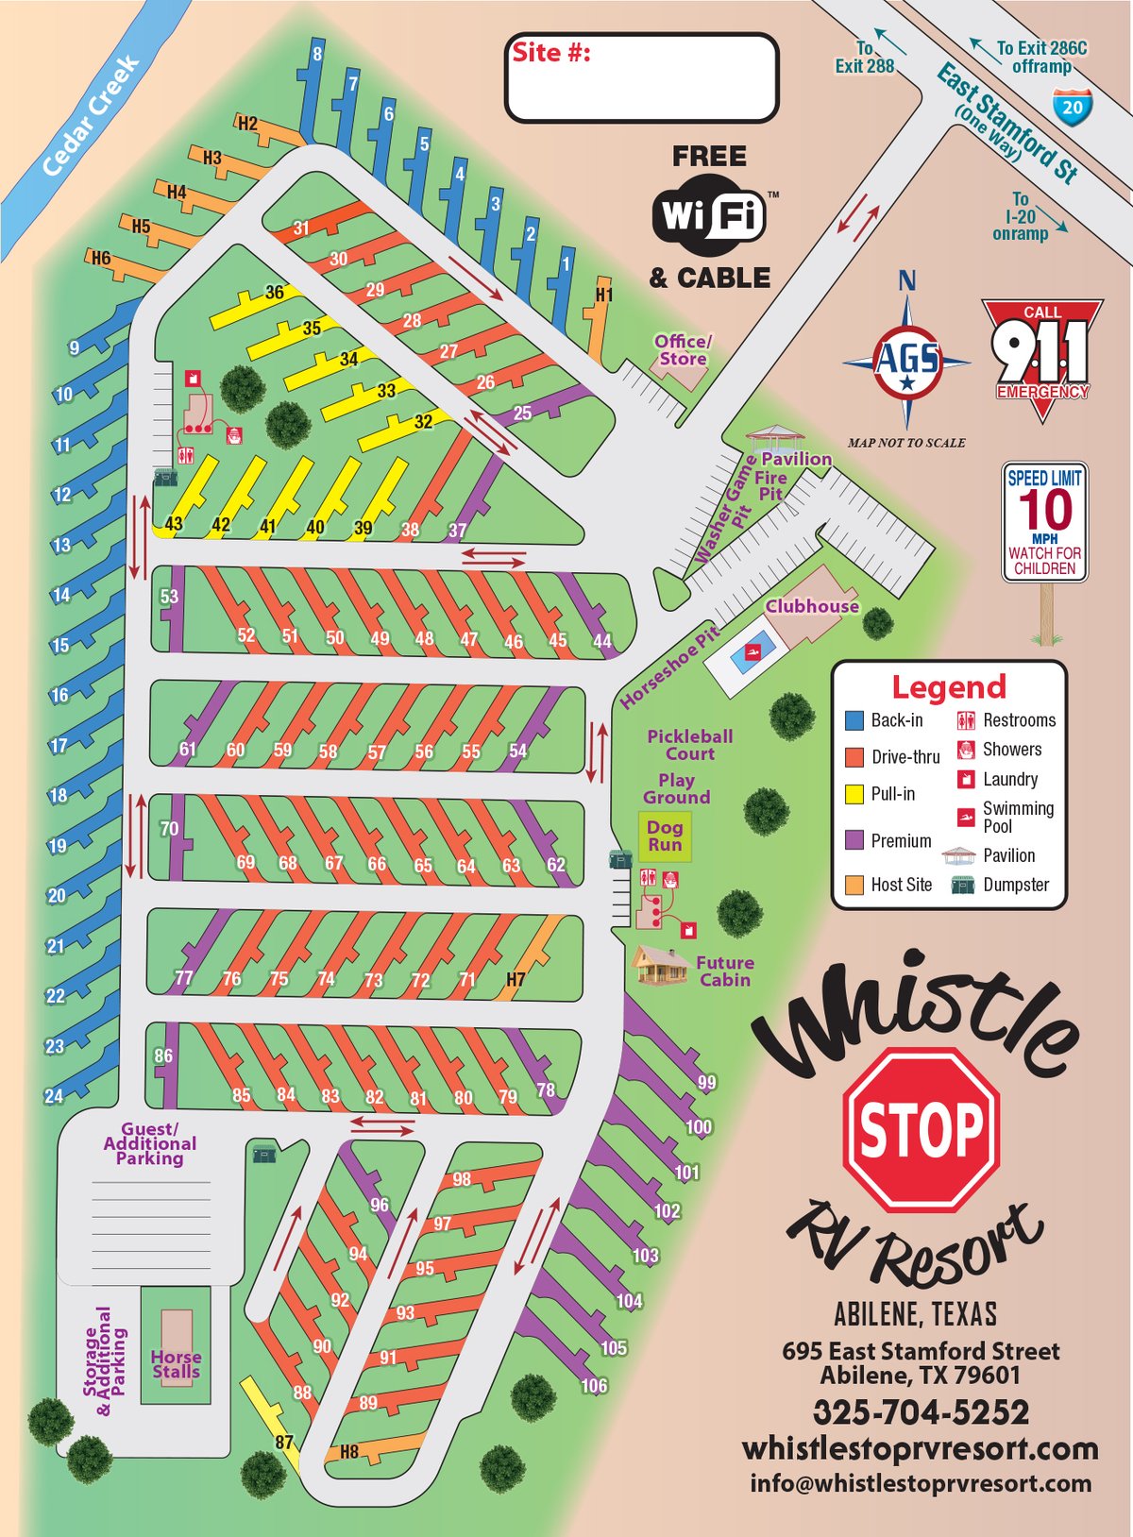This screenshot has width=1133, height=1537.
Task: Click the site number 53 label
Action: [x=169, y=597]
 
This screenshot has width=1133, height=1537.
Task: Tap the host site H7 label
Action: [x=516, y=979]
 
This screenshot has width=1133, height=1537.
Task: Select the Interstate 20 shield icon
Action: [x=1073, y=107]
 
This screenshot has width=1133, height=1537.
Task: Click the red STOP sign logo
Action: [x=921, y=1129]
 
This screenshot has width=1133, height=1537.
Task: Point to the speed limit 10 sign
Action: [x=1044, y=521]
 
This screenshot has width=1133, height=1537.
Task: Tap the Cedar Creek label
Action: [x=92, y=116]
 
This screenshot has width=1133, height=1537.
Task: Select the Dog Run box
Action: [x=665, y=836]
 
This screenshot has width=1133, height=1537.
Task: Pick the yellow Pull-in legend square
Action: [x=854, y=794]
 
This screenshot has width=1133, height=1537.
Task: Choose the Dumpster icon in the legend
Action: [x=962, y=885]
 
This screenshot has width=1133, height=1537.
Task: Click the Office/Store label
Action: [x=683, y=350]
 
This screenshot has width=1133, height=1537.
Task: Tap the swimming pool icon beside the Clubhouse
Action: [x=753, y=652]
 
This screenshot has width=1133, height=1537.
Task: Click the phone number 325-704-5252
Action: [x=921, y=1412]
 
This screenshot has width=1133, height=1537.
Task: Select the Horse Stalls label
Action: [x=177, y=1364]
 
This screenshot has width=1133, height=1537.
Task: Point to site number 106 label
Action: [x=594, y=1386]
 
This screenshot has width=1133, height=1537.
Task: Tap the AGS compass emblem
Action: [x=906, y=361]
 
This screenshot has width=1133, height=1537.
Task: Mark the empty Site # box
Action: [x=642, y=78]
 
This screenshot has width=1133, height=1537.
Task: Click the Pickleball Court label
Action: [x=690, y=744]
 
